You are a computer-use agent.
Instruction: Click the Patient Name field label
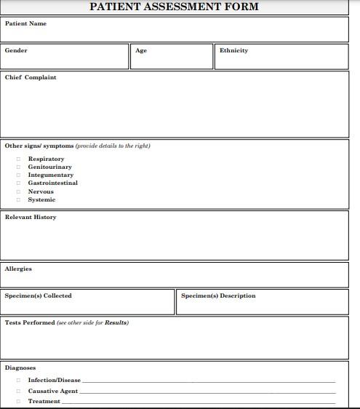[25, 24]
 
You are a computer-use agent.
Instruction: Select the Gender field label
[16, 51]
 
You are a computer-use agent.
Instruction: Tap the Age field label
[141, 51]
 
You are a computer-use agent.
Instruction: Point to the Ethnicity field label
[233, 51]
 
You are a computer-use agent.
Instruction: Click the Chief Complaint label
[31, 78]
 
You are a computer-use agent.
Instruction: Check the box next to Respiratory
[18, 159]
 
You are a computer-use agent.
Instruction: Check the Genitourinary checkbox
[18, 167]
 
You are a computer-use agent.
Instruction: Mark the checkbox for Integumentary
[18, 175]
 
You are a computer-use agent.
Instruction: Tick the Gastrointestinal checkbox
[18, 183]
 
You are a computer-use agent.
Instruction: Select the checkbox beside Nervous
[18, 192]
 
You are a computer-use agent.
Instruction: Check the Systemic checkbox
[18, 200]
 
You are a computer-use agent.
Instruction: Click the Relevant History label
[31, 218]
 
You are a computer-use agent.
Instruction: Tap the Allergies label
[18, 269]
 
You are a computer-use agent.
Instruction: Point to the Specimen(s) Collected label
[39, 296]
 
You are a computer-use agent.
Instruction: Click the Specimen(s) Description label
[218, 296]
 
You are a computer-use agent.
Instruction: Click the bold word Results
[116, 323]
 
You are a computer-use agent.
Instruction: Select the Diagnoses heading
[20, 368]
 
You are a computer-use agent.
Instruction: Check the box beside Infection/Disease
[18, 381]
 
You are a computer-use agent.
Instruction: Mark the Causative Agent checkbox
[18, 392]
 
